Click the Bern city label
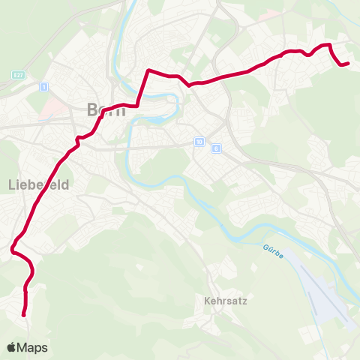pos(105,110)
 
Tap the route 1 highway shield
pos(44,88)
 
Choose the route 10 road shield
pos(198,141)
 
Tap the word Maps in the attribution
pos(33,347)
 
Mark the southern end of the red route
pos(24,315)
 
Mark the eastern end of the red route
pos(349,64)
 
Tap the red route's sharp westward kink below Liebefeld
pos(13,250)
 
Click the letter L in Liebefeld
pos(11,184)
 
